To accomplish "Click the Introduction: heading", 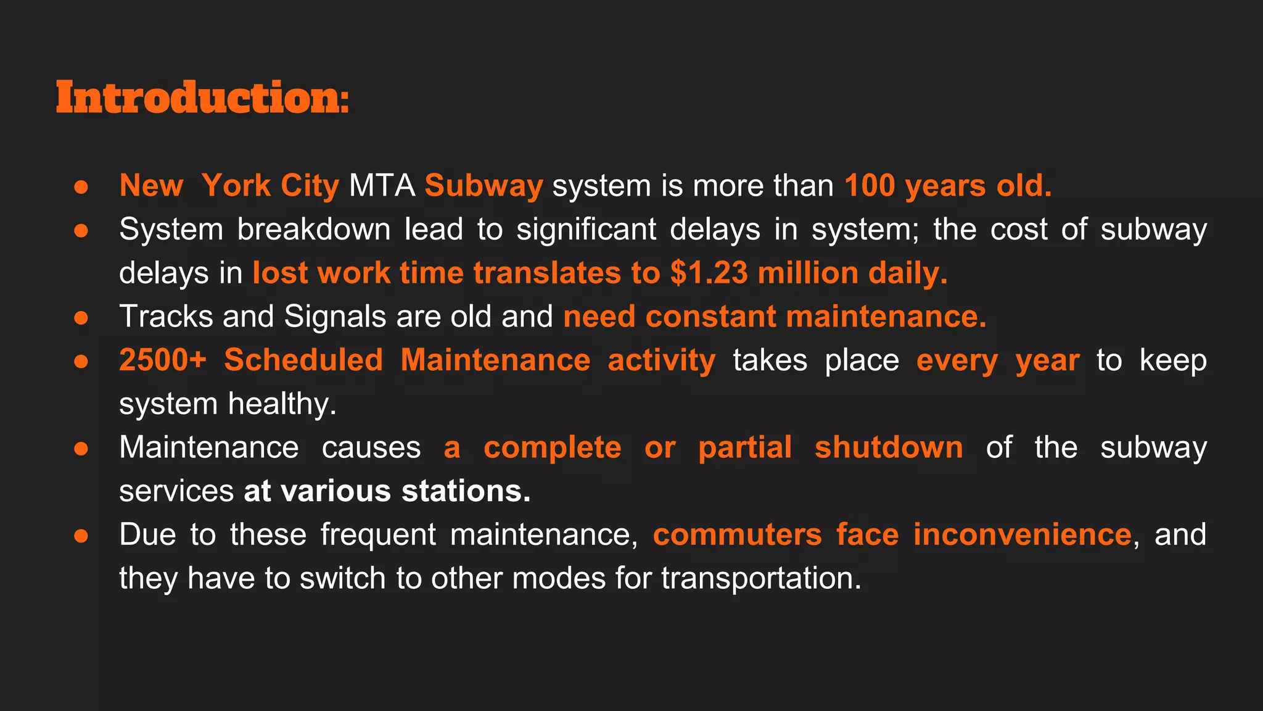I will click(x=202, y=98).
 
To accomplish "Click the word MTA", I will click(x=382, y=186).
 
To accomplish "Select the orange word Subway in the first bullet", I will click(x=483, y=186).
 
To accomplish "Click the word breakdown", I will click(x=313, y=230).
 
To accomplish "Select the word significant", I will click(x=586, y=230).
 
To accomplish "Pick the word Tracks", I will click(x=166, y=317).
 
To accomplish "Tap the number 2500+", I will click(x=162, y=360).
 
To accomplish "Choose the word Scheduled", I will click(x=303, y=360).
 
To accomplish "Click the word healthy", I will click(x=282, y=404).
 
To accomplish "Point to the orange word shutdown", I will click(x=888, y=447).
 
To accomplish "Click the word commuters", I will click(x=737, y=534).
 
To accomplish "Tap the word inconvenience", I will click(x=1022, y=534).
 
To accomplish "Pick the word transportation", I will click(x=760, y=579).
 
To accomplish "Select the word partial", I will click(x=744, y=447).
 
